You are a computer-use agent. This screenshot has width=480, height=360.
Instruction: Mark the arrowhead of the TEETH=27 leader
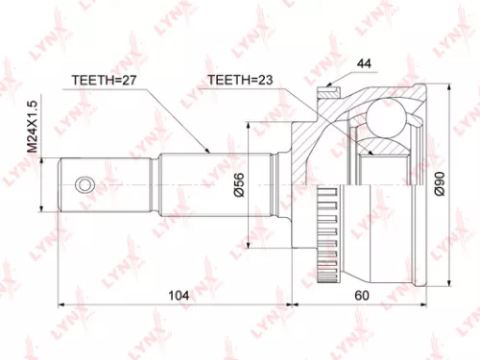click(209, 151)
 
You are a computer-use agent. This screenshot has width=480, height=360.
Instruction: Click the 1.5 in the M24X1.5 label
click(31, 109)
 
